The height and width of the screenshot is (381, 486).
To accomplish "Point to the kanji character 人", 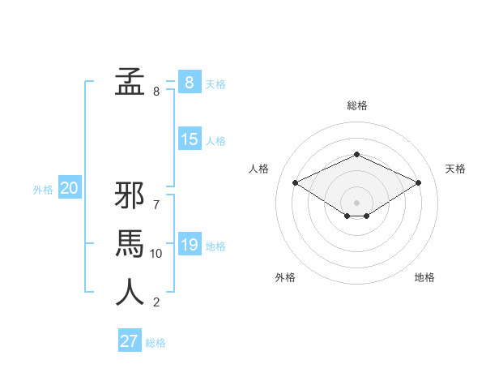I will click(130, 292).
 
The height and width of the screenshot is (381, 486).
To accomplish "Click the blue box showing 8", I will click(189, 82).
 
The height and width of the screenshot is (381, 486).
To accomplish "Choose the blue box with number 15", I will click(189, 139).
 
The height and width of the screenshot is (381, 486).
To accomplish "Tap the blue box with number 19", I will click(189, 244).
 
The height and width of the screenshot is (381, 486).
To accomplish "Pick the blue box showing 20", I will click(69, 189).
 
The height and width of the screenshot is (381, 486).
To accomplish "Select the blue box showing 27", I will click(129, 340).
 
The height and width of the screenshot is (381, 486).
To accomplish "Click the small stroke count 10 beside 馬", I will click(156, 254).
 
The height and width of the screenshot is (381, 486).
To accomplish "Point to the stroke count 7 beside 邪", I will click(156, 205).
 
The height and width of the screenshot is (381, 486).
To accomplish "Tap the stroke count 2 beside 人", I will click(156, 302).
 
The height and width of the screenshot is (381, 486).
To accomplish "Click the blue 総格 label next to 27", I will click(156, 343).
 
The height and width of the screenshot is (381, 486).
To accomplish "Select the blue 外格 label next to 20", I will click(43, 190).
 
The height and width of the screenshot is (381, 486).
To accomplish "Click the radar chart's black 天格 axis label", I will click(455, 169).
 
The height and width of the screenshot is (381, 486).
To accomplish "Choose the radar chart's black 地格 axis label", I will click(424, 277).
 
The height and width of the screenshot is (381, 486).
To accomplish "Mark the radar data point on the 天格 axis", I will click(418, 182).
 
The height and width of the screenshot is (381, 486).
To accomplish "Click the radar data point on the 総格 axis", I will click(356, 154).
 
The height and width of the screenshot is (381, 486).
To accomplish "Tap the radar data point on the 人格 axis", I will click(295, 182).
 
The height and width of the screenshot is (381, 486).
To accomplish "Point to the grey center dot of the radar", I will click(356, 202).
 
